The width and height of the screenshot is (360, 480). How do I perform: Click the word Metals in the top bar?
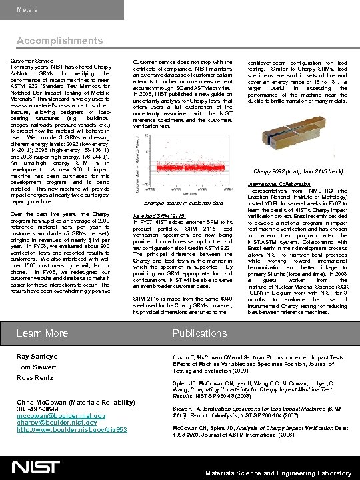(x=27, y=10)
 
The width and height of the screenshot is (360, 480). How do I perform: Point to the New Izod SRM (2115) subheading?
(x=159, y=216)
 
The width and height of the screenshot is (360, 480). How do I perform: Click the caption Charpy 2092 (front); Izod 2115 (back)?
(x=298, y=171)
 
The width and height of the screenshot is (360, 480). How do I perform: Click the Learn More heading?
(x=42, y=333)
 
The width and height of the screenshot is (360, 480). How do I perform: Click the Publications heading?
(x=199, y=333)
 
